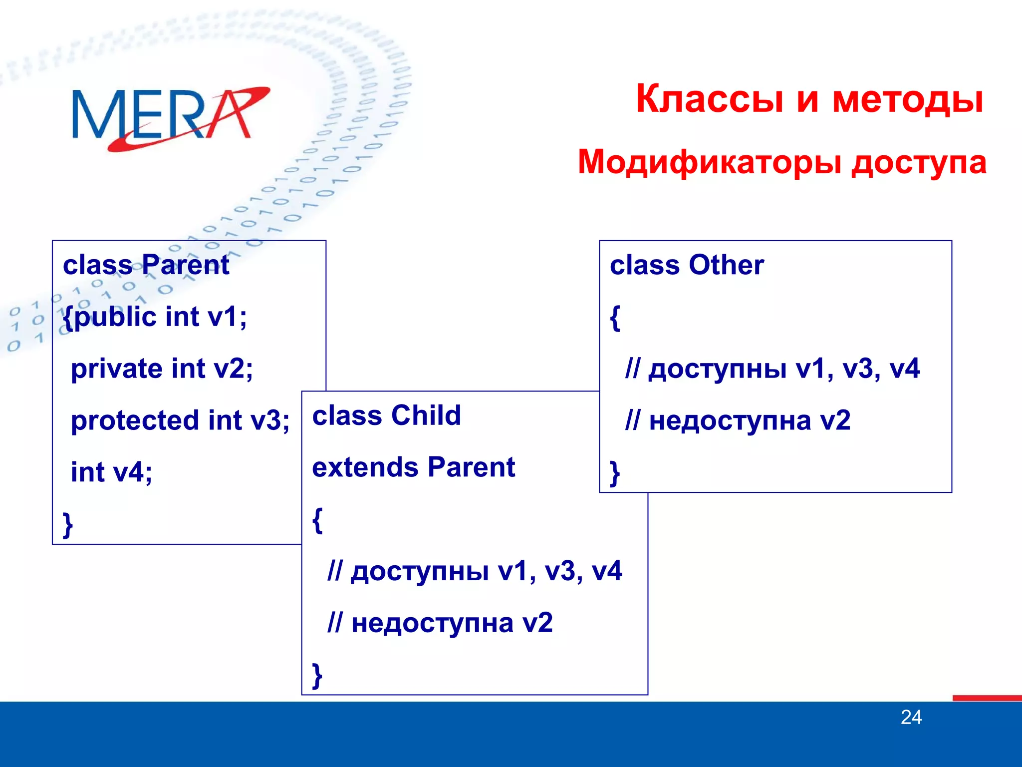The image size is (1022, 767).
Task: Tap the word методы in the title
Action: click(908, 98)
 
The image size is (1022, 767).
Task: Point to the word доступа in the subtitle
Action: click(918, 162)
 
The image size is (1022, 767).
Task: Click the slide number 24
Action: click(911, 718)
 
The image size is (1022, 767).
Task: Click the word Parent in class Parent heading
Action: click(185, 265)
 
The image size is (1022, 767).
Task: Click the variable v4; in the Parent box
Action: click(132, 472)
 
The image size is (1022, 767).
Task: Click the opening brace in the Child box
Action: click(317, 520)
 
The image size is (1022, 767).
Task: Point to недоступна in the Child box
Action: click(432, 623)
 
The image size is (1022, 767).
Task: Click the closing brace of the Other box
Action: click(615, 473)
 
